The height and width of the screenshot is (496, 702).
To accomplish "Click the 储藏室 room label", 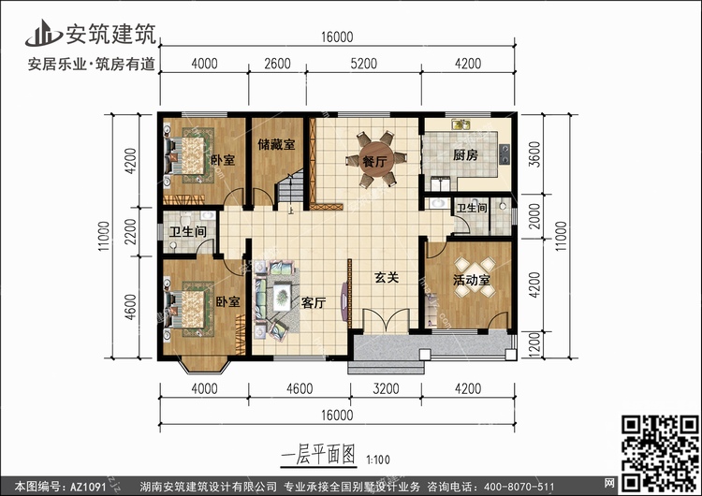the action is pos(276,145).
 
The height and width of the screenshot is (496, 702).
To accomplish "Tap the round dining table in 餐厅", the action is pos(376,160).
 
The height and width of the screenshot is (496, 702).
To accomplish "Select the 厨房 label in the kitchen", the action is pos(465,155).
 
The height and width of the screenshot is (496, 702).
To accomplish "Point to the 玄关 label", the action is pos(387,278).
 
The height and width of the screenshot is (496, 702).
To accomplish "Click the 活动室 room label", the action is pos(471,280).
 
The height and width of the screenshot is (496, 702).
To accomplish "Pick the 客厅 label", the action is pos(314,303).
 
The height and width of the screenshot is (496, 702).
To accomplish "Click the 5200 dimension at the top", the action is pos(363,64).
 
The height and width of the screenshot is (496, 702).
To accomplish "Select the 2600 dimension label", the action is pos(277,64).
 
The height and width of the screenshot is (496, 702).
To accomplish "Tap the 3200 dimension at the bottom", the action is pos(386,388).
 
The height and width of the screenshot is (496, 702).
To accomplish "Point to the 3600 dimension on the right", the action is pos(534,154).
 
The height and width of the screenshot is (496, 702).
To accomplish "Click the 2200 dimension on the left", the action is pos(130,231).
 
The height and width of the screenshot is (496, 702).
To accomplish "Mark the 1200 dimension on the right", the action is pos(534,343).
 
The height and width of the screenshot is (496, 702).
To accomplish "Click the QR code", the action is pos(660,453).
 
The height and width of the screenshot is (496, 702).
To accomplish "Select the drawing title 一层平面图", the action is pos(318,455).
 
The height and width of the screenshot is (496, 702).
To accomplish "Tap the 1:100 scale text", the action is pos(378,460).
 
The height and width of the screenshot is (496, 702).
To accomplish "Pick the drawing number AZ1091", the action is pos(88,487).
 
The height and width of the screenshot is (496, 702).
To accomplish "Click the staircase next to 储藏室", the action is pos(289,188).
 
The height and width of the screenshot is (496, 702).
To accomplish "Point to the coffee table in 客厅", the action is pos(281,297).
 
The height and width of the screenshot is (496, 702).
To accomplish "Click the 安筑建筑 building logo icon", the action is pos(43,34).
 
